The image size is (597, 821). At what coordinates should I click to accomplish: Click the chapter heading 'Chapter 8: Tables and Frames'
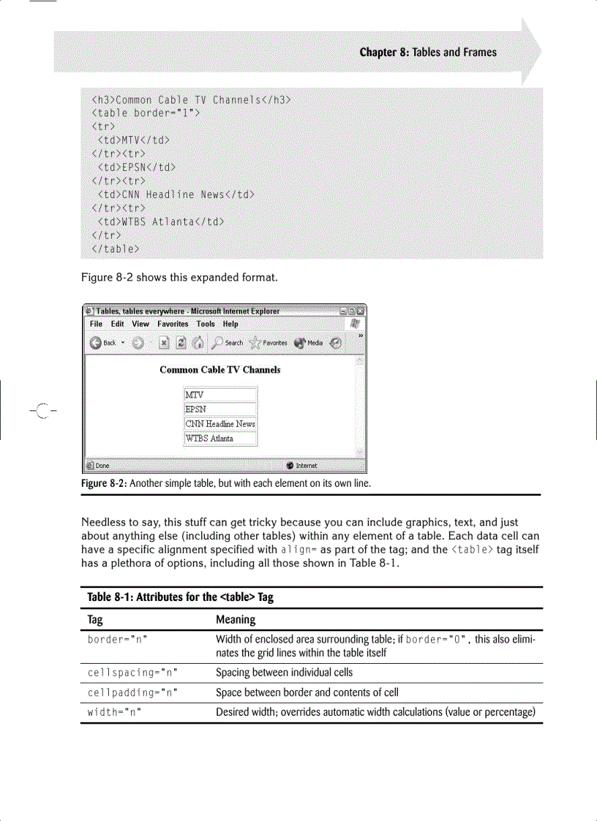(427, 52)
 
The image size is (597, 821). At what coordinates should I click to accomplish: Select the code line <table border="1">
(146, 113)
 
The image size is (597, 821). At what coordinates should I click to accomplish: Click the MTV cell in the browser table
(220, 395)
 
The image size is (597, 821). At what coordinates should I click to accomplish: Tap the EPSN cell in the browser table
(220, 409)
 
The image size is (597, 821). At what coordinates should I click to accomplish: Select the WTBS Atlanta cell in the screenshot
(220, 439)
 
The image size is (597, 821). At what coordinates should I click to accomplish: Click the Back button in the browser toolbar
(103, 343)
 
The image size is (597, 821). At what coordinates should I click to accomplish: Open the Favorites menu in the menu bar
(173, 324)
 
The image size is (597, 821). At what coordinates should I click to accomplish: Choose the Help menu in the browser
(230, 324)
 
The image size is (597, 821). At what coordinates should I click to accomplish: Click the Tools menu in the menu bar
(206, 324)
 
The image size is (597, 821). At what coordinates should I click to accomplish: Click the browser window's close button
(360, 311)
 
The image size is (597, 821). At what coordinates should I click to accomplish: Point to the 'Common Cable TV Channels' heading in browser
(219, 370)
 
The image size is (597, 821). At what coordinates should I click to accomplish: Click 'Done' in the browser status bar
(102, 465)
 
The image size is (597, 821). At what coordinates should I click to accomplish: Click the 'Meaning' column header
(236, 619)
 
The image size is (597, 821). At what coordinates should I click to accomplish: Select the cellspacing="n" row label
(132, 673)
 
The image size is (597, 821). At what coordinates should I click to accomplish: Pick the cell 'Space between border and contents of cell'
(307, 692)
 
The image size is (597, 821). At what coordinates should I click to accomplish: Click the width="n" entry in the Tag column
(114, 712)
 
